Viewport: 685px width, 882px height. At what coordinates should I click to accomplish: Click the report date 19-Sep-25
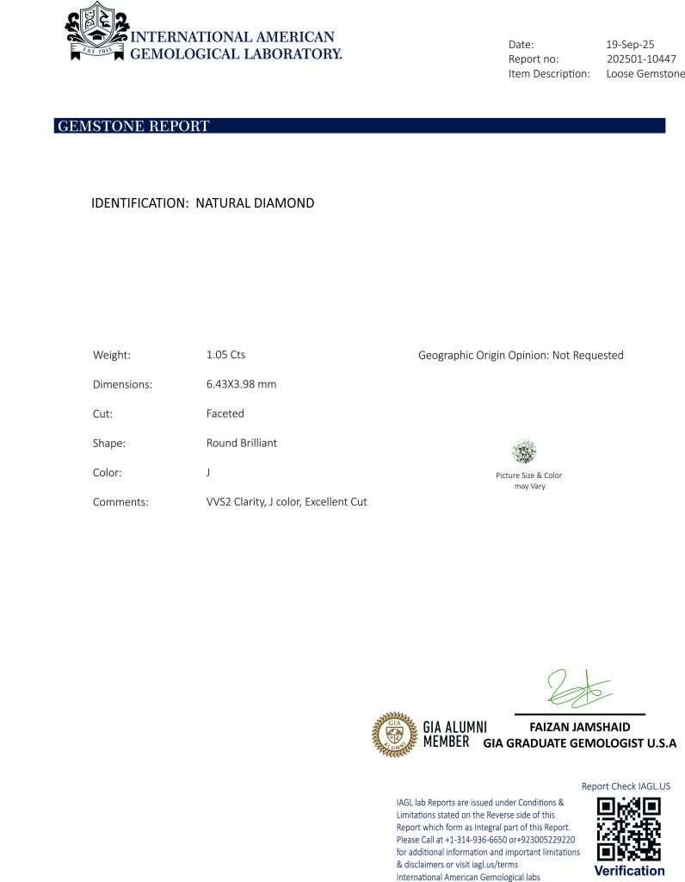(630, 44)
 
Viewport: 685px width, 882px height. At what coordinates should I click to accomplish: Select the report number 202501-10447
(641, 59)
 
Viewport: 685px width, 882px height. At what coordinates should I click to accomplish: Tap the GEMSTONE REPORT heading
(133, 127)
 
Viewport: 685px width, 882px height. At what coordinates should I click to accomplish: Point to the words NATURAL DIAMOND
(255, 203)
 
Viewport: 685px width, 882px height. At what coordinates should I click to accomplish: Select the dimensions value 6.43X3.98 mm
(235, 384)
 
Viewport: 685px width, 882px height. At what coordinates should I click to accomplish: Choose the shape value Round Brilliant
(235, 443)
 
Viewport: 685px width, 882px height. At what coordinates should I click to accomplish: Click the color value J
(198, 472)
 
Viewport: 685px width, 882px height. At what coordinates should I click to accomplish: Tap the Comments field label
(120, 501)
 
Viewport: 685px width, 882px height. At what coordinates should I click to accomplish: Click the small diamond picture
(523, 450)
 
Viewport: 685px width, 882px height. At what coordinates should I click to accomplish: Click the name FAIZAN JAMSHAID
(579, 727)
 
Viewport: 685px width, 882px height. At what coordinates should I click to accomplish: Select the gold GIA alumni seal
(394, 734)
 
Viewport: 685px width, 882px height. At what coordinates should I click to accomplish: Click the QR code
(628, 829)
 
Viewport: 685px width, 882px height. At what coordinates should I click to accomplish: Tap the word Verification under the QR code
(629, 871)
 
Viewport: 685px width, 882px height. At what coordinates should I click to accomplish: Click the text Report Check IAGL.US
(626, 786)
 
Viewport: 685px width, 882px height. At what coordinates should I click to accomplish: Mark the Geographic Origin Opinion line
(520, 355)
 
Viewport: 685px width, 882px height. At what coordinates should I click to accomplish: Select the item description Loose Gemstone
(645, 73)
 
